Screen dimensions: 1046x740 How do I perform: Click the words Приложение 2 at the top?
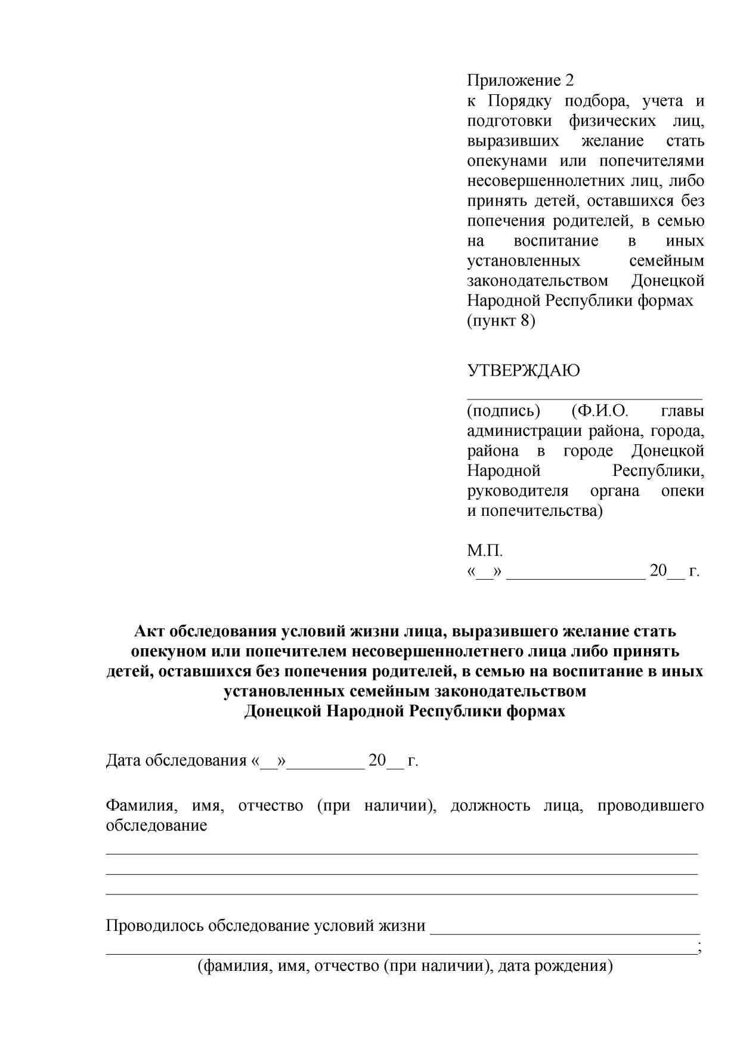pyautogui.click(x=520, y=81)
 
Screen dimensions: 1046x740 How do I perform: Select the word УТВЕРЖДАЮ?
pyautogui.click(x=523, y=371)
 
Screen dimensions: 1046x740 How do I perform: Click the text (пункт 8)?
pyautogui.click(x=501, y=321)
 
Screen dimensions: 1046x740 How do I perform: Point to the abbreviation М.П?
pyautogui.click(x=485, y=550)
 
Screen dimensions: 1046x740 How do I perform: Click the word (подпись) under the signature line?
pyautogui.click(x=503, y=411)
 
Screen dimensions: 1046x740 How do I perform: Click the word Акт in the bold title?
pyautogui.click(x=148, y=631)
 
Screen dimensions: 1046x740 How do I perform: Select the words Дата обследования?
pyautogui.click(x=176, y=761)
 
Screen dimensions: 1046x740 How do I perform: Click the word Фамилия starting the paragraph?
pyautogui.click(x=140, y=806)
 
